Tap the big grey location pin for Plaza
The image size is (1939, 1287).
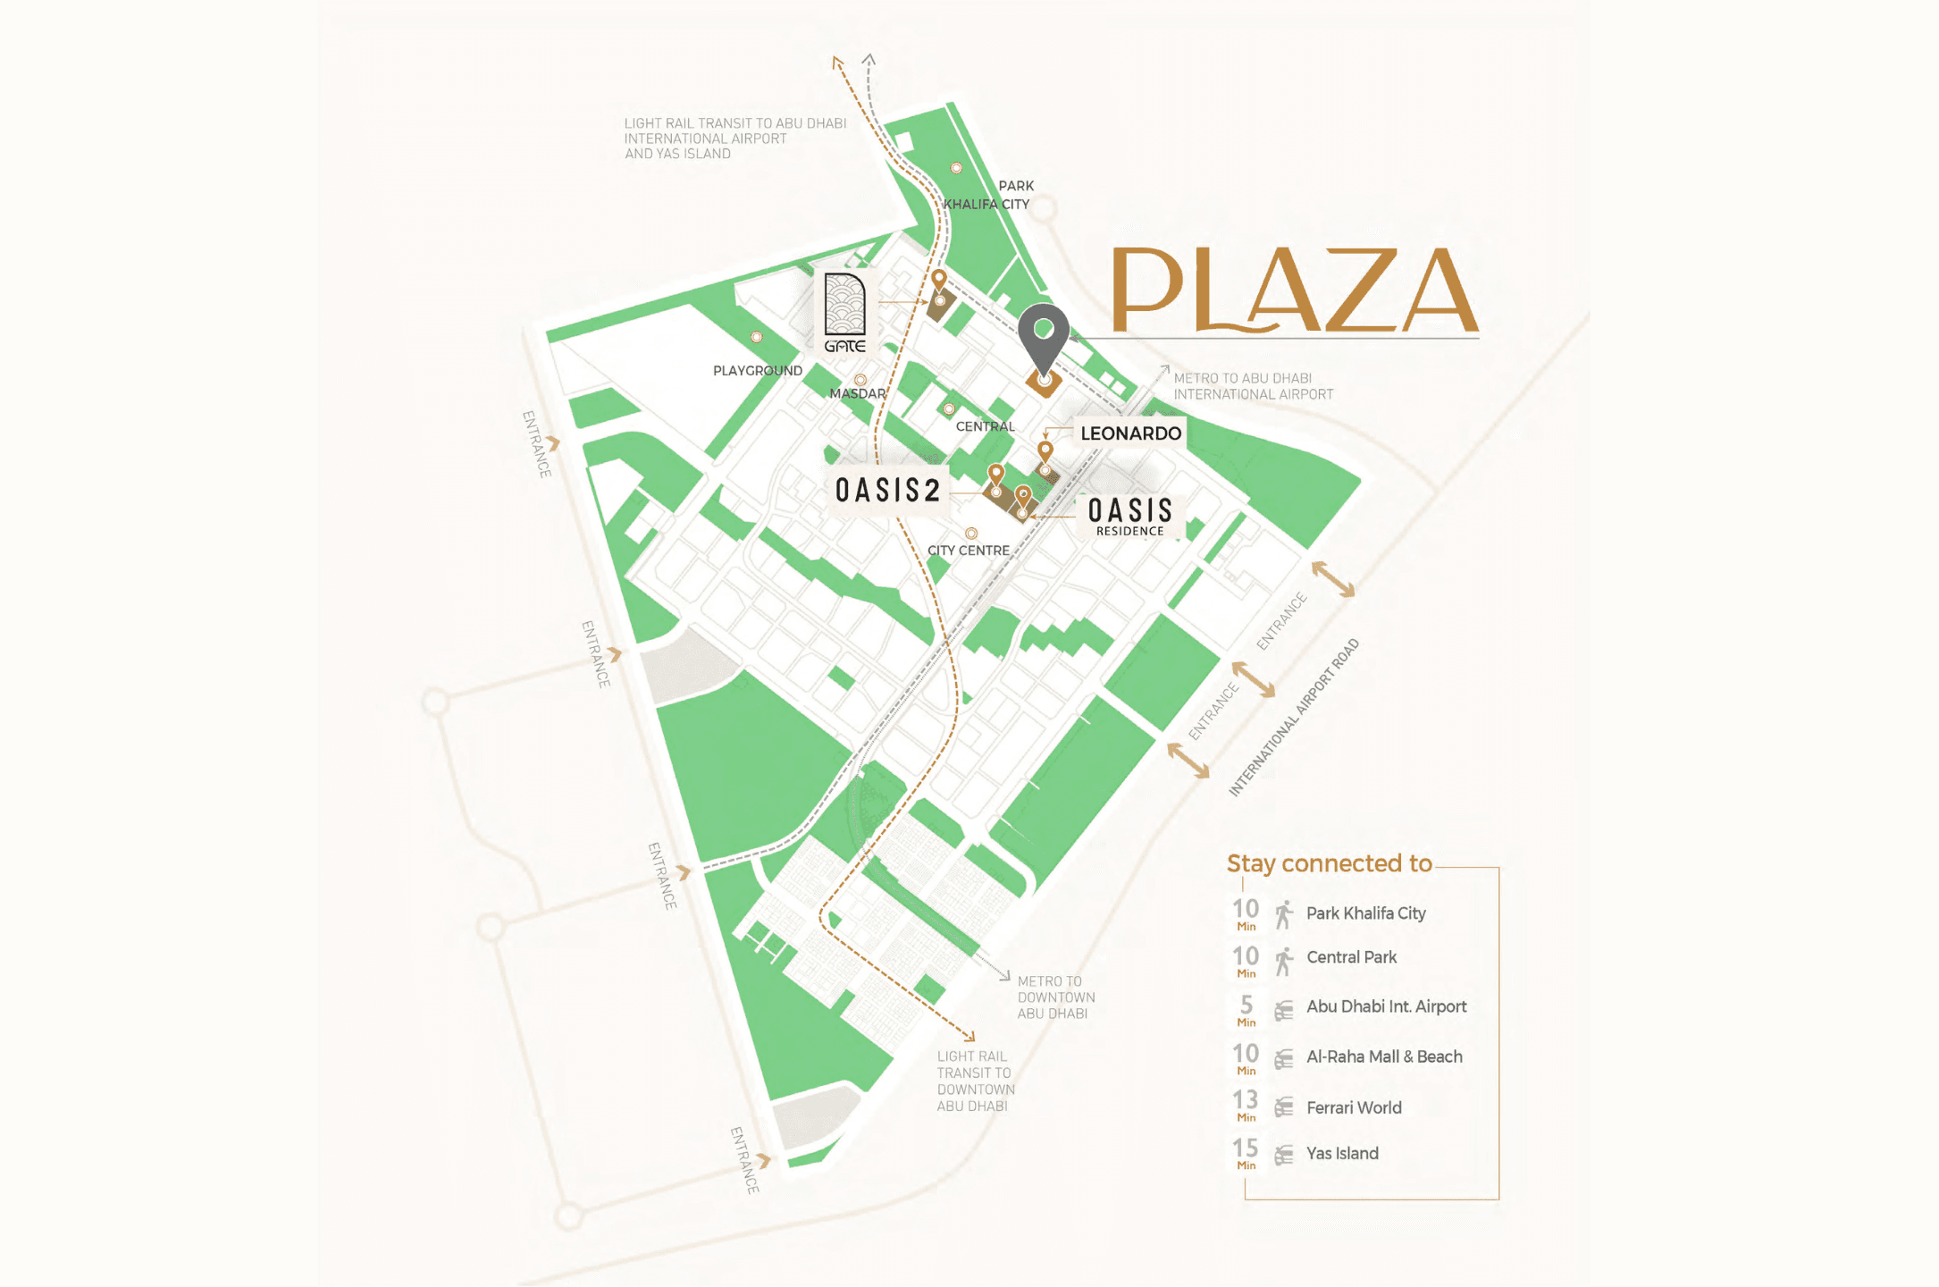click(x=1043, y=336)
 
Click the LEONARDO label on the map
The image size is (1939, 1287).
click(x=1130, y=433)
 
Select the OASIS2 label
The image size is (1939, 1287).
click(x=887, y=490)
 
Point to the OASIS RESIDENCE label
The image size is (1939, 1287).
click(x=1129, y=516)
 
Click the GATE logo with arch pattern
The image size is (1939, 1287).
click(x=844, y=313)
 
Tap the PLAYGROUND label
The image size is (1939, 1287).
click(x=757, y=370)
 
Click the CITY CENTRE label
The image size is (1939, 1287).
click(x=968, y=551)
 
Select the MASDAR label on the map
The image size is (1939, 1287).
click(x=857, y=393)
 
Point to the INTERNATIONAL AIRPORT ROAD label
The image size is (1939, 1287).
click(x=1293, y=718)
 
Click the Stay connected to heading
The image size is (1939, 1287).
click(x=1329, y=863)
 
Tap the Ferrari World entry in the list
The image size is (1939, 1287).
click(x=1353, y=1108)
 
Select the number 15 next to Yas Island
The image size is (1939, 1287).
click(x=1245, y=1148)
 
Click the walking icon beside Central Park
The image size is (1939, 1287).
click(x=1284, y=962)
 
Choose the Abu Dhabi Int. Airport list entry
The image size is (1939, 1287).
click(x=1386, y=1006)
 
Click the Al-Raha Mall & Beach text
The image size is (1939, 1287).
click(x=1383, y=1056)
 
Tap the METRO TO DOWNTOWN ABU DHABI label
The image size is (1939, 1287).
click(x=1055, y=997)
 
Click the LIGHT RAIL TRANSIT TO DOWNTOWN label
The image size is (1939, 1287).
click(x=975, y=1081)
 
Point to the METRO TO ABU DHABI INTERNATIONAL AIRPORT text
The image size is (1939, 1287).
click(x=1252, y=386)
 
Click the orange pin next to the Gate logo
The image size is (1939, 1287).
click(x=938, y=281)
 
